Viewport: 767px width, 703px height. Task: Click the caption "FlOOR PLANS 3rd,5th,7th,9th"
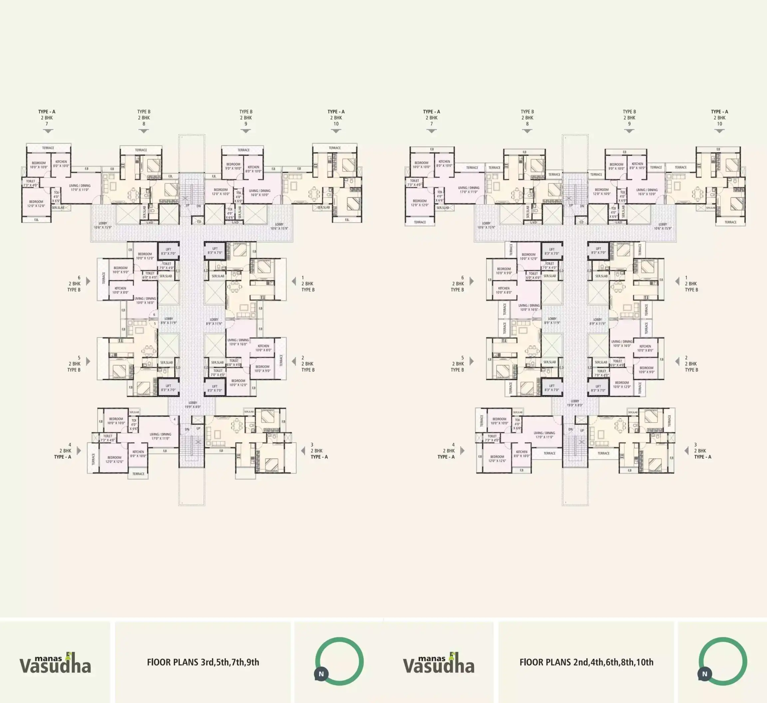pyautogui.click(x=203, y=662)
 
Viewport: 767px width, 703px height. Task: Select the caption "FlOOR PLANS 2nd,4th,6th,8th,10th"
pyautogui.click(x=586, y=662)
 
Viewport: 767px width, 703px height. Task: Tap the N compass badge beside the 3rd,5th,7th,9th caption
pyautogui.click(x=321, y=674)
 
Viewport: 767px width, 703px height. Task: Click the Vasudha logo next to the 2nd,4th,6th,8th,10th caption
pyautogui.click(x=439, y=663)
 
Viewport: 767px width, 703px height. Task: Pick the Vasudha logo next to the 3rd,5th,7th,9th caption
pyautogui.click(x=55, y=663)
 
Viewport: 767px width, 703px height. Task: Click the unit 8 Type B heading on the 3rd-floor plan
pyautogui.click(x=144, y=118)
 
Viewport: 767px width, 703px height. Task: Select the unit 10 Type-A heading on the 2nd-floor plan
pyautogui.click(x=719, y=118)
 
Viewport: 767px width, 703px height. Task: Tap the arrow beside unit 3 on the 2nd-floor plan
pyautogui.click(x=686, y=451)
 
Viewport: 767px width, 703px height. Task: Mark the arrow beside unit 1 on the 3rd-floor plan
pyautogui.click(x=294, y=281)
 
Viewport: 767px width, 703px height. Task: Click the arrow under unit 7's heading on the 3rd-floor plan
pyautogui.click(x=48, y=131)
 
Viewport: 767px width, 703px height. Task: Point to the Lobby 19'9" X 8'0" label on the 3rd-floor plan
pyautogui.click(x=193, y=405)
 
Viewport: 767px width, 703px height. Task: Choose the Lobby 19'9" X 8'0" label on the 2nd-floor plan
pyautogui.click(x=575, y=403)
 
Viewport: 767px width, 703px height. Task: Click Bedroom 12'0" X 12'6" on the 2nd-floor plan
pyautogui.click(x=497, y=459)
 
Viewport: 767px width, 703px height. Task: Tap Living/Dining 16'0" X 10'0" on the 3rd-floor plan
pyautogui.click(x=260, y=192)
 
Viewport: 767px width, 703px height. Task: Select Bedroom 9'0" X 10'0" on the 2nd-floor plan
pyautogui.click(x=616, y=166)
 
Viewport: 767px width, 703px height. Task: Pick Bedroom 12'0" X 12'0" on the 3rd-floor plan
pyautogui.click(x=36, y=203)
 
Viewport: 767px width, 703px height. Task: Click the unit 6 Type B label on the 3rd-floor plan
pyautogui.click(x=75, y=283)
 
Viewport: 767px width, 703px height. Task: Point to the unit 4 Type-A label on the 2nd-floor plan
pyautogui.click(x=446, y=451)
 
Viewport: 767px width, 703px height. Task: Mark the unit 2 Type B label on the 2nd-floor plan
pyautogui.click(x=691, y=364)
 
